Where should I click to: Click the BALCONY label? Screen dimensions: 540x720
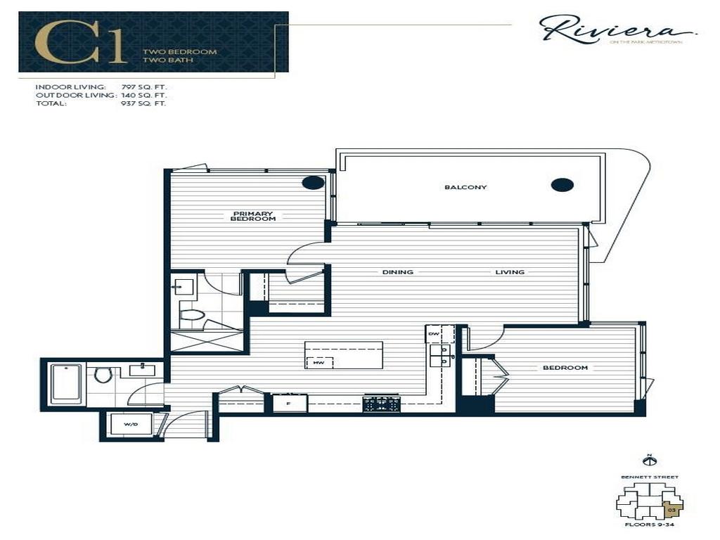[x=456, y=187]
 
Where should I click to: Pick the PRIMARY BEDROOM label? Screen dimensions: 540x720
[x=252, y=217]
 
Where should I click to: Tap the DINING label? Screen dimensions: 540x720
[x=397, y=272]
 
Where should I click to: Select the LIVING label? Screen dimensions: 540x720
[x=510, y=272]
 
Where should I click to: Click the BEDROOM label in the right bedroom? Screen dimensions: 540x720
[x=565, y=368]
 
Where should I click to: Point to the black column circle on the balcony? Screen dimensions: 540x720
[x=562, y=185]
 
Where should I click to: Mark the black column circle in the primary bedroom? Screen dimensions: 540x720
[x=313, y=183]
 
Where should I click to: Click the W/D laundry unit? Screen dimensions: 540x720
[x=131, y=425]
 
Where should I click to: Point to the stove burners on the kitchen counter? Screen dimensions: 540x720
[x=380, y=404]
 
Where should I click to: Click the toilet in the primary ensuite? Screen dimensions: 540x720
[x=191, y=316]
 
